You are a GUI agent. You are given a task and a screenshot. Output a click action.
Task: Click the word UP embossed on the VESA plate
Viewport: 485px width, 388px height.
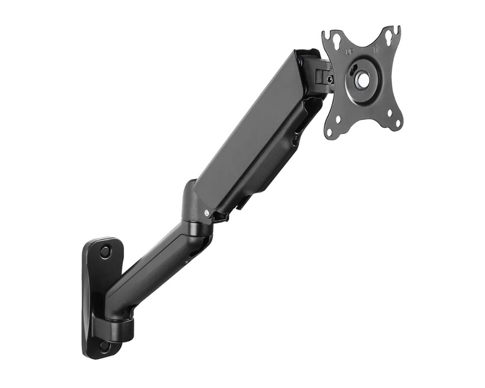coord(348,50)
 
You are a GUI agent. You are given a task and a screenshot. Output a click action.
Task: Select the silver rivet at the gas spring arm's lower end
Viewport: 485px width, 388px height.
coord(208,212)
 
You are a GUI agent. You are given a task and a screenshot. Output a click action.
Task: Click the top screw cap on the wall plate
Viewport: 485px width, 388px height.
coord(105,252)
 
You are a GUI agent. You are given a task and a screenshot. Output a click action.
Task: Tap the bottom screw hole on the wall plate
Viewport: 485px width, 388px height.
coord(104,346)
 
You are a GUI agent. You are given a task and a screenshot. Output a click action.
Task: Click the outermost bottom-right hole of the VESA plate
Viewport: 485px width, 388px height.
coord(397,124)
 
